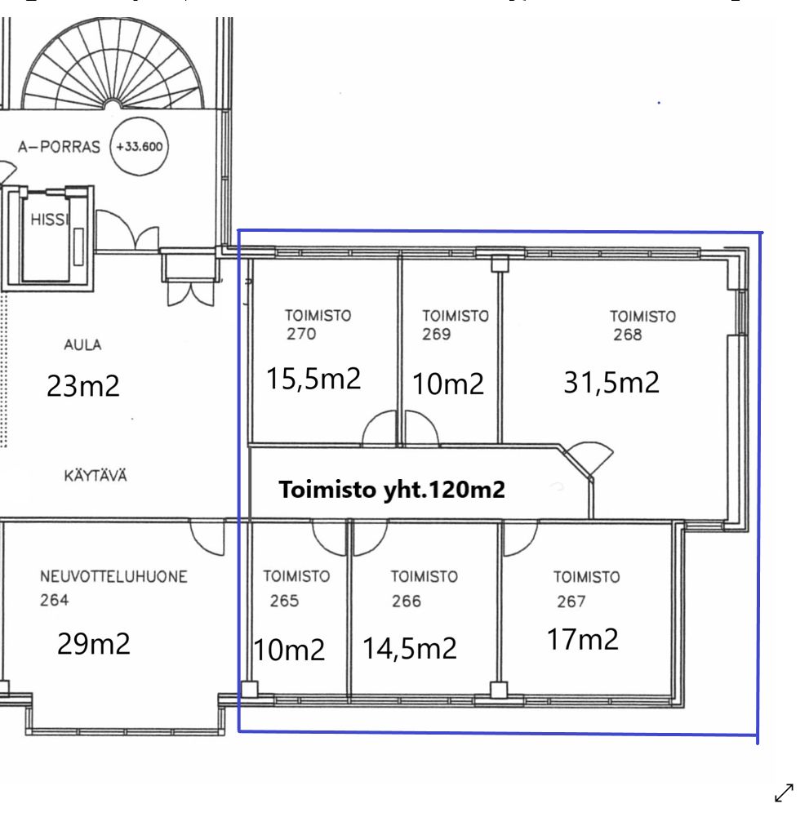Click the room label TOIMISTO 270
point(318,324)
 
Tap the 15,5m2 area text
point(313,378)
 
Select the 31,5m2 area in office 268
point(611,382)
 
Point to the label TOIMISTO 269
point(455,325)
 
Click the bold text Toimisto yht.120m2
point(392,490)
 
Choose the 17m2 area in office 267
point(582,639)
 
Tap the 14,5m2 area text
point(409,649)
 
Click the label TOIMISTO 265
point(296,588)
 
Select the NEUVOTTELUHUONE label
point(113,577)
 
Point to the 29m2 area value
point(93,643)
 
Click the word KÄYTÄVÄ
point(96,475)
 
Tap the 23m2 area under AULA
point(83,386)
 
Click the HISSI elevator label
point(49,220)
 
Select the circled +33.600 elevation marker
point(139,147)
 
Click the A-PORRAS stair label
point(59,147)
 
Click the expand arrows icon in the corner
point(784,793)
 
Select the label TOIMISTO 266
point(425,588)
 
